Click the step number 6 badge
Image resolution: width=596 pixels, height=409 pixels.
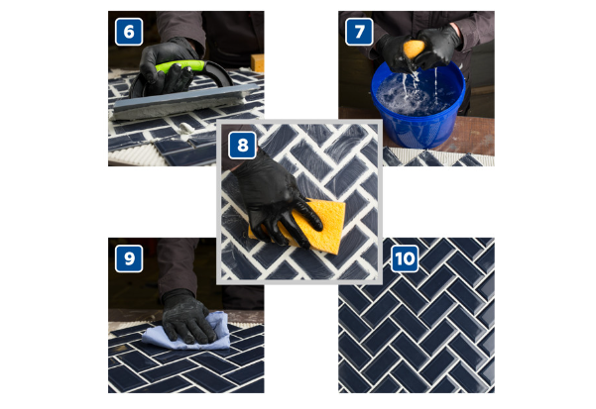point(129,32)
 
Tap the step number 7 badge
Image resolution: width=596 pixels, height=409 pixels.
point(359,32)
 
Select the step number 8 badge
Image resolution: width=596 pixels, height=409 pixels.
point(243,145)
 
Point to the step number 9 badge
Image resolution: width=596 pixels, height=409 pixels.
point(129,258)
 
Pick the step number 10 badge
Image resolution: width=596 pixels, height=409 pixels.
point(405,258)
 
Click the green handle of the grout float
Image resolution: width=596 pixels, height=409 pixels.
point(177,65)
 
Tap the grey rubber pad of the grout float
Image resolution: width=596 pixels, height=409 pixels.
point(182,99)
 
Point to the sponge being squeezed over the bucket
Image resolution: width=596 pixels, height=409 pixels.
point(414,49)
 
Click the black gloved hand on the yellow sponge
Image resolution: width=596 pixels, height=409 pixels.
point(276,201)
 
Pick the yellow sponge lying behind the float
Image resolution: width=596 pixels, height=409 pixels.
point(258,63)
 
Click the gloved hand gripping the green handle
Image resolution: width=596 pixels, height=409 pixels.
point(168,68)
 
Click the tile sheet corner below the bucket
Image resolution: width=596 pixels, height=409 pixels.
point(437,158)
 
